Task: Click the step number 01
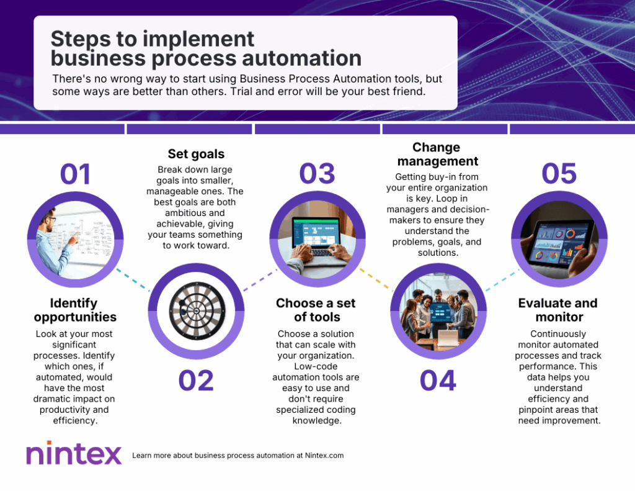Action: [x=75, y=174]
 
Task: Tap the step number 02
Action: [x=196, y=381]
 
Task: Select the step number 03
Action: [x=317, y=174]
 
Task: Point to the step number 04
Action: [x=438, y=381]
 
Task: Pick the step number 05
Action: [x=559, y=174]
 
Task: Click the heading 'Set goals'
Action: [x=196, y=154]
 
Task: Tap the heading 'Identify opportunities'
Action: [x=75, y=310]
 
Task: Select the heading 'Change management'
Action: [x=437, y=154]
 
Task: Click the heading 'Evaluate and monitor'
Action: [x=558, y=310]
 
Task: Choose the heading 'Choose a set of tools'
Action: [x=316, y=310]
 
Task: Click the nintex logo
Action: [x=74, y=453]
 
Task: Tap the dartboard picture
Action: [x=197, y=311]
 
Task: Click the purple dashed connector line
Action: [x=260, y=280]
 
